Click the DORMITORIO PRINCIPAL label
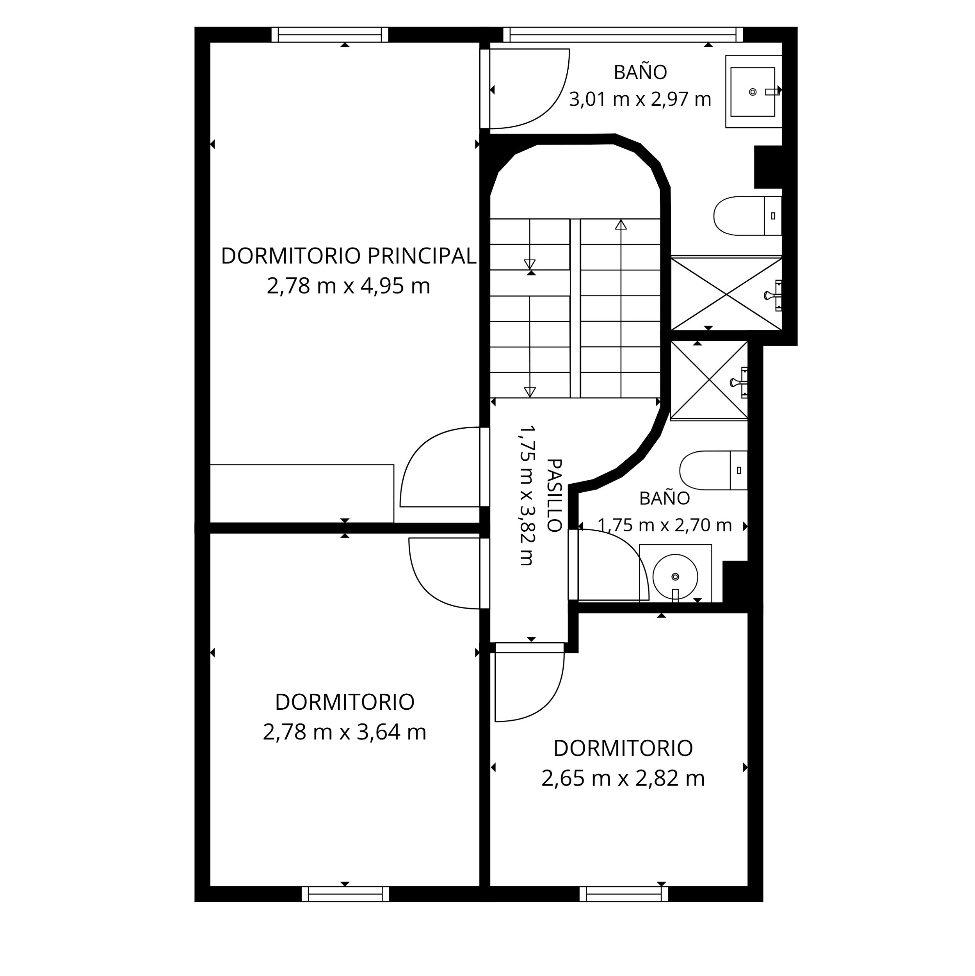(349, 256)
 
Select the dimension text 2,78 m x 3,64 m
(345, 732)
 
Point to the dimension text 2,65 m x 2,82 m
(623, 778)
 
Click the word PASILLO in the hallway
(555, 495)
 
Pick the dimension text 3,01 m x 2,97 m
(640, 99)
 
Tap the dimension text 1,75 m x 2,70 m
(665, 525)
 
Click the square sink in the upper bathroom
(753, 91)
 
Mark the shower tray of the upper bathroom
(726, 294)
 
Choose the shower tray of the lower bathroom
(709, 380)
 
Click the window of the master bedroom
(330, 34)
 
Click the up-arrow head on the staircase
(621, 225)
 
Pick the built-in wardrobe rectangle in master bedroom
(302, 493)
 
